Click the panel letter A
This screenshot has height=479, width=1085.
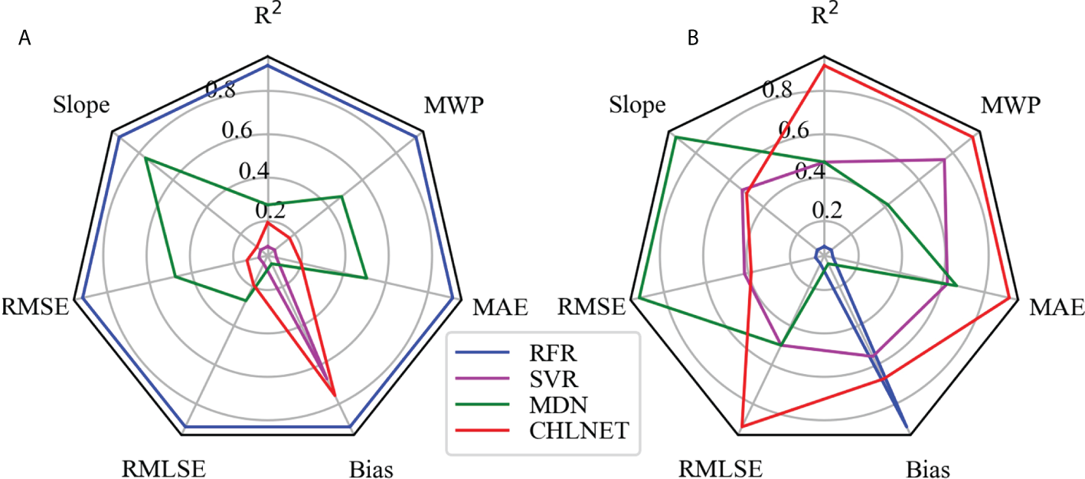click(x=25, y=41)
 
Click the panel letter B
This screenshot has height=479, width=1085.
click(x=693, y=40)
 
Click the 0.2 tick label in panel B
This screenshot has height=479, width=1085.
click(x=828, y=209)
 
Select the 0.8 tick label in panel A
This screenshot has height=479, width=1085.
click(x=223, y=91)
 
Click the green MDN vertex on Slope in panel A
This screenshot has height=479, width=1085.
click(x=145, y=158)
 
